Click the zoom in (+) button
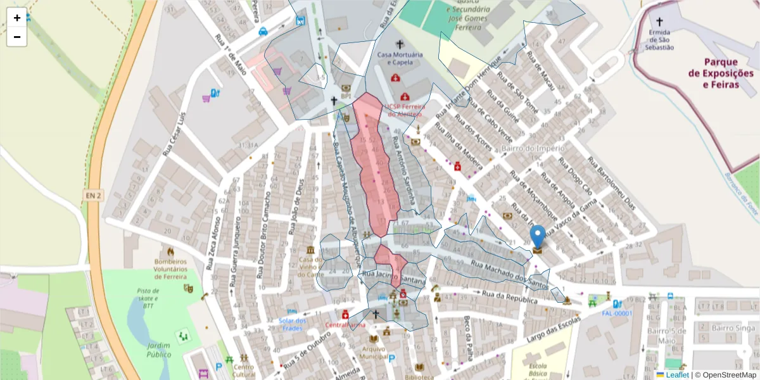(x=17, y=18)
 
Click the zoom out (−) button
(x=17, y=37)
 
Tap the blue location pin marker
(x=538, y=237)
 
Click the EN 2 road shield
(x=92, y=196)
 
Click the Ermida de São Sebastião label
(x=660, y=39)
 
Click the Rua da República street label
(x=510, y=298)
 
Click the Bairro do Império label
(x=532, y=148)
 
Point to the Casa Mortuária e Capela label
(x=399, y=58)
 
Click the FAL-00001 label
(x=616, y=313)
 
